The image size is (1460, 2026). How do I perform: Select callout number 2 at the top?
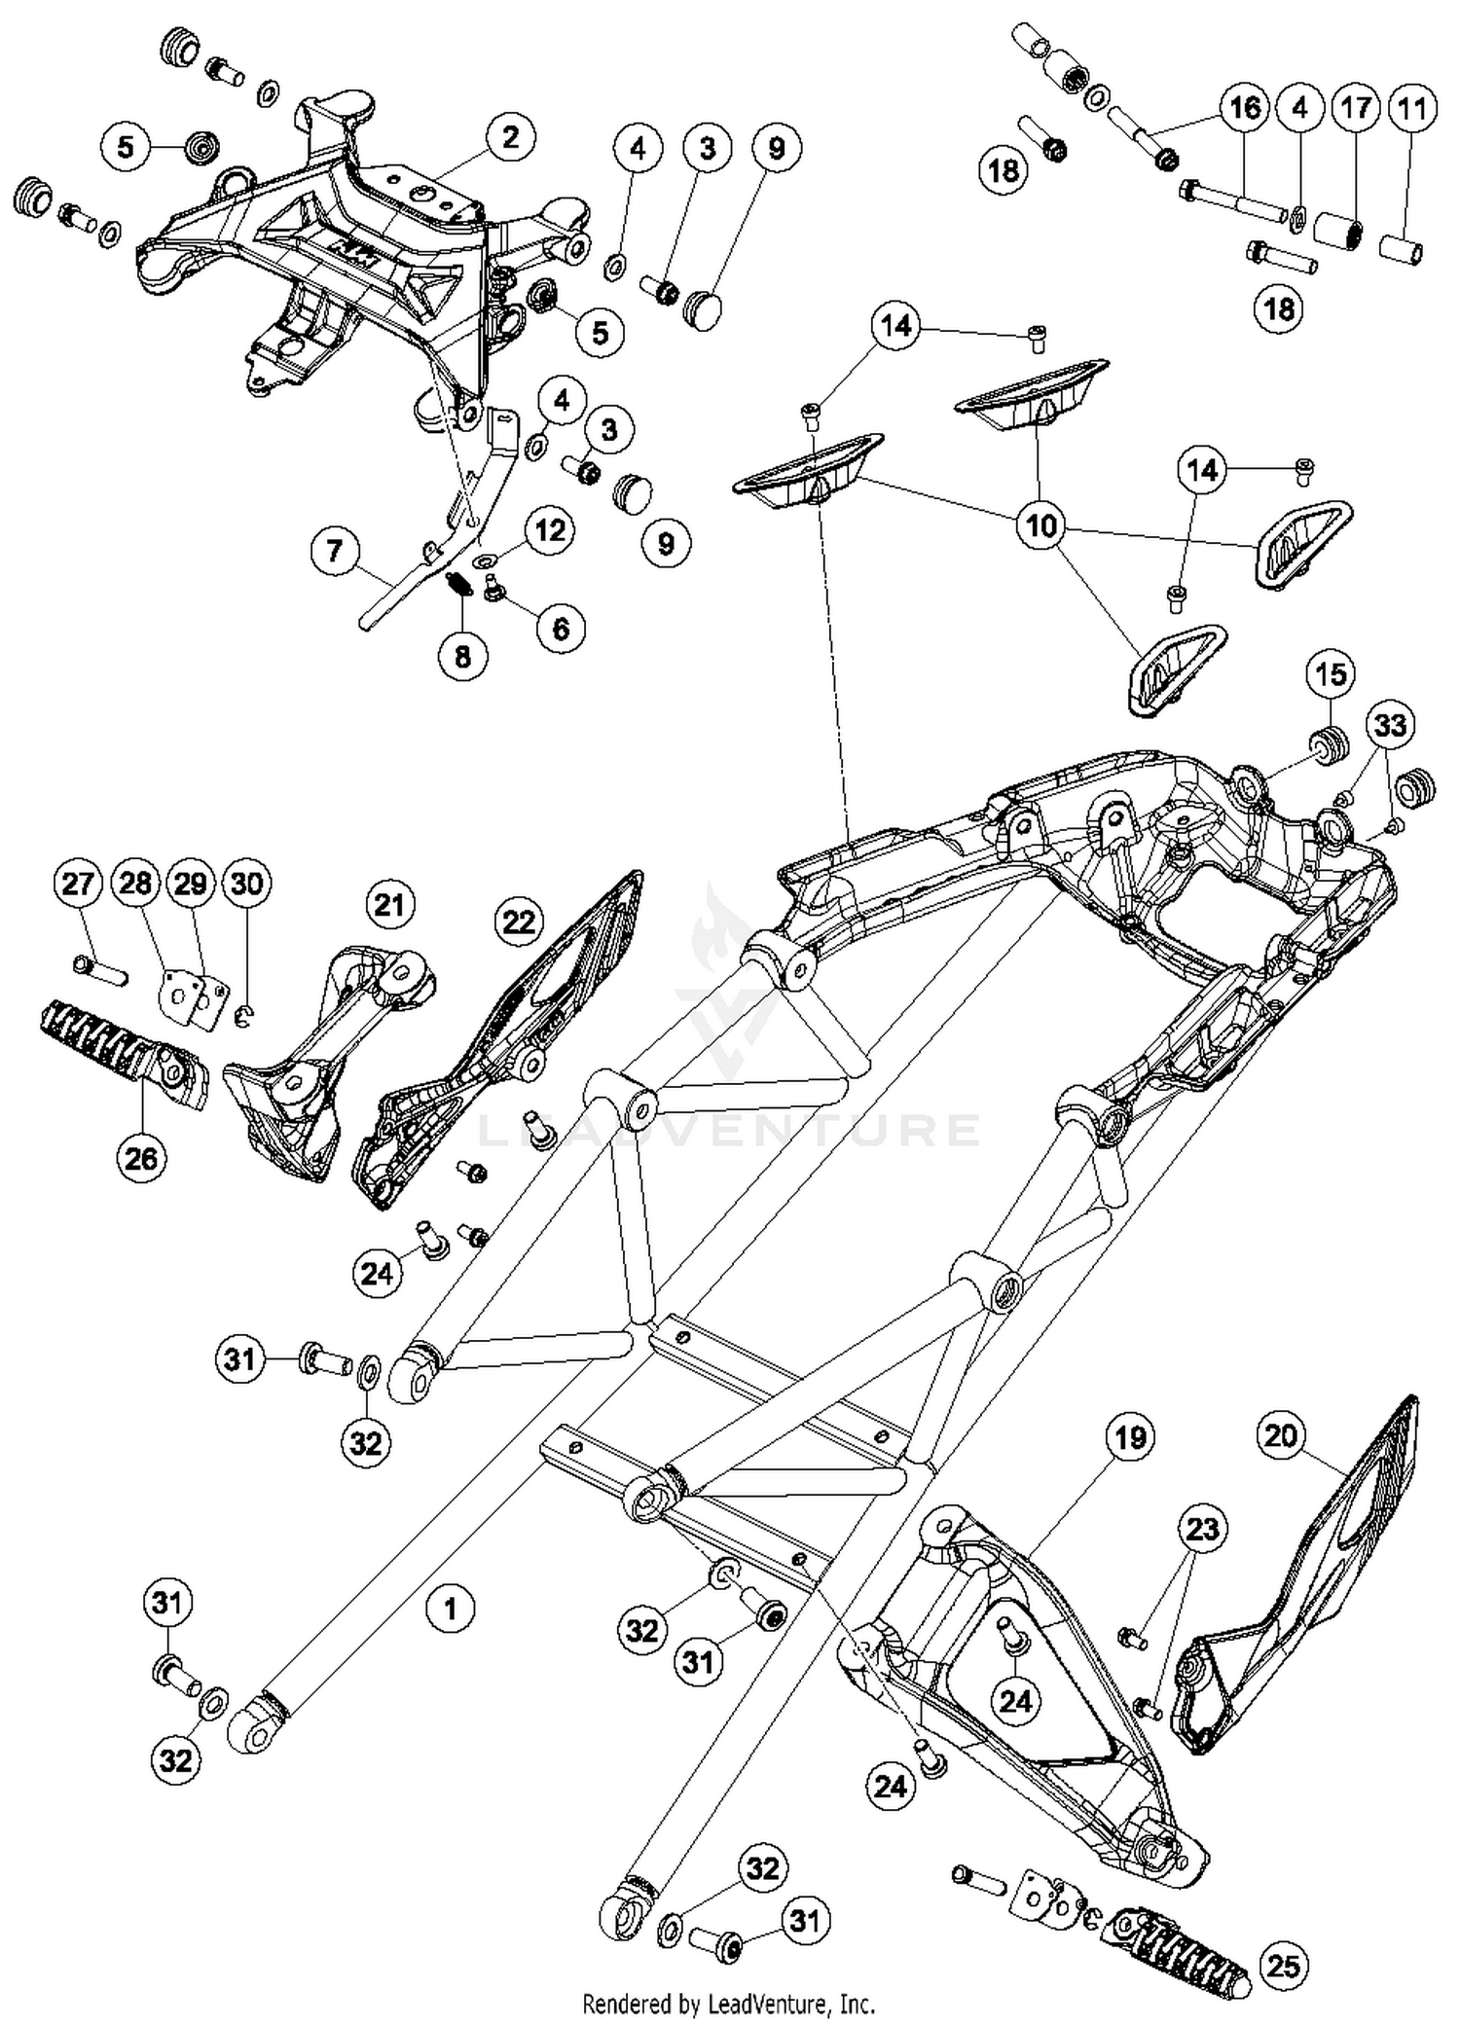pyautogui.click(x=511, y=138)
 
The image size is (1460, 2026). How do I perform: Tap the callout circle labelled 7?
pyautogui.click(x=335, y=552)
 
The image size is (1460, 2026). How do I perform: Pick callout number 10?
pyautogui.click(x=1040, y=526)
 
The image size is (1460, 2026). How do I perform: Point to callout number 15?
pyautogui.click(x=1331, y=674)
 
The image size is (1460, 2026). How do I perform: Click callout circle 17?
pyautogui.click(x=1356, y=108)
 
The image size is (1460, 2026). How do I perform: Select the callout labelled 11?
pyautogui.click(x=1410, y=108)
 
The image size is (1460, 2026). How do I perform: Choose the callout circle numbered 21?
pyautogui.click(x=389, y=905)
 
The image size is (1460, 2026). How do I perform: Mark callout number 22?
pyautogui.click(x=519, y=921)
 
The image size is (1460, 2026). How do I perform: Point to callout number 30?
pyautogui.click(x=246, y=884)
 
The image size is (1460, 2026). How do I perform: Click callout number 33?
pyautogui.click(x=1390, y=725)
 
